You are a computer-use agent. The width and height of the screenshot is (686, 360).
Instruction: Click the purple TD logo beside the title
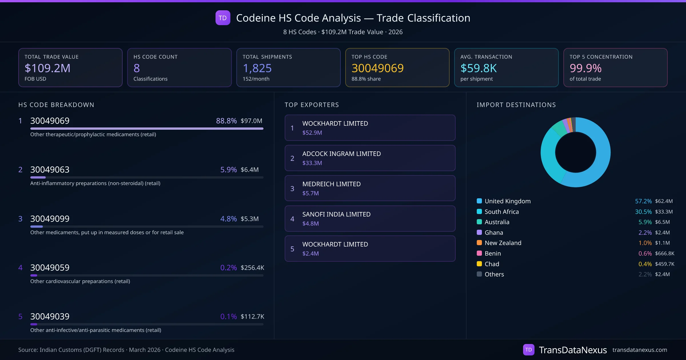coord(223,18)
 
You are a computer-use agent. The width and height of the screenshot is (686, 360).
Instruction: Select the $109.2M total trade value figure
coord(47,68)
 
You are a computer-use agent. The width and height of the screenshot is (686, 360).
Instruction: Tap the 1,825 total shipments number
coord(257,68)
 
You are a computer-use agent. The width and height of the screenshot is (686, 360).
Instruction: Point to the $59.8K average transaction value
coord(478,68)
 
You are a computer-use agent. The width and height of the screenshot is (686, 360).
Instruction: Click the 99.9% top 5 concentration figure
coord(585,68)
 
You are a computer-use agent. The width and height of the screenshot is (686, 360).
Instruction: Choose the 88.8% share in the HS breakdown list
coord(226,121)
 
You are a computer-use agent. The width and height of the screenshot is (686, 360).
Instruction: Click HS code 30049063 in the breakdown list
coord(50,170)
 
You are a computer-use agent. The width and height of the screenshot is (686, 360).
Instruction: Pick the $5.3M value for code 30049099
coord(250,219)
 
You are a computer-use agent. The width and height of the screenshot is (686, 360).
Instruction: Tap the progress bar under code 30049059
coord(147,275)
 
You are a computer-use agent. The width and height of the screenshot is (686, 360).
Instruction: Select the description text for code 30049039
coord(96,330)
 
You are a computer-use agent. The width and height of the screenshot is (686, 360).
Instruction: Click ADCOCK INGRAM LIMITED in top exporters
coord(341,154)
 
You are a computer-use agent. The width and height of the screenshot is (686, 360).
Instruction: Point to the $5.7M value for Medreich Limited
coord(310,193)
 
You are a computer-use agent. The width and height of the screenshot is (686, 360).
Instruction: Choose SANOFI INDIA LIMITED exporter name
coord(336,214)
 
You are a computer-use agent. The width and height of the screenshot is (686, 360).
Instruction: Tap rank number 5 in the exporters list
coord(292,249)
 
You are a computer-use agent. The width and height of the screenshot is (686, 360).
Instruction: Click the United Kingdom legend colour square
coord(479,201)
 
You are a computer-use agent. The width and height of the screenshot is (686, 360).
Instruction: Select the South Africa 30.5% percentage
coord(643,212)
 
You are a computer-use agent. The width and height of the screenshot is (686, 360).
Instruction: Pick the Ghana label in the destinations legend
coord(494,233)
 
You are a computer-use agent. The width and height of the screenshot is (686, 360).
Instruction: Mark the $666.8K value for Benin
coord(665,253)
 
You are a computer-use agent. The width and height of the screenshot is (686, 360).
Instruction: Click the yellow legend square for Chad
coord(479,264)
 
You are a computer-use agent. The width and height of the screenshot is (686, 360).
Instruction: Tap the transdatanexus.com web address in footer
coord(640,350)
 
